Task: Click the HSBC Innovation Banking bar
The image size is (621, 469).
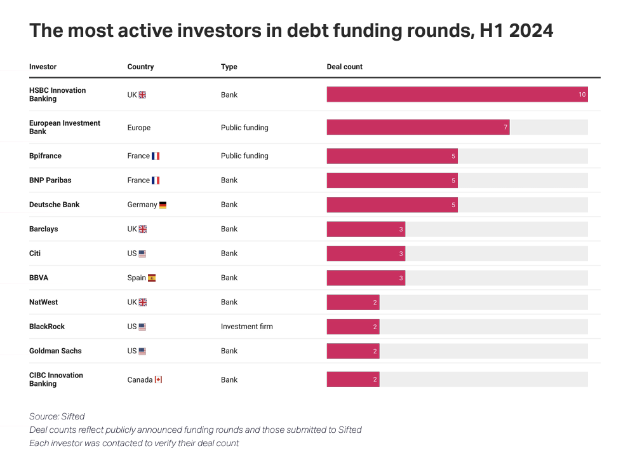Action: (x=457, y=95)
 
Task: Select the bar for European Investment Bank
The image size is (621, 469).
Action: (x=418, y=127)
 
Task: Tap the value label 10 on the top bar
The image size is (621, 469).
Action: (x=582, y=95)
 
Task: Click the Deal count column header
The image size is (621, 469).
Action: (x=344, y=67)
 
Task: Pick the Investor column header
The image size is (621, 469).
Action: (x=43, y=67)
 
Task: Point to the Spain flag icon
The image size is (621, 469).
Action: (x=152, y=278)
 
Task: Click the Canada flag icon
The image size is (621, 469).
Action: (x=158, y=379)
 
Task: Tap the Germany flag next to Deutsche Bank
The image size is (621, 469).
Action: (x=163, y=205)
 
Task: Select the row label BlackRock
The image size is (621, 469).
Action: (x=47, y=327)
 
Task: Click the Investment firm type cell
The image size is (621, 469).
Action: (x=246, y=327)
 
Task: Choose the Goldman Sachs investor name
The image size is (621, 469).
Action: (x=55, y=351)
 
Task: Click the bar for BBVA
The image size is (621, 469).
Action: (x=366, y=278)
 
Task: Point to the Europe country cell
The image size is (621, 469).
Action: (x=139, y=128)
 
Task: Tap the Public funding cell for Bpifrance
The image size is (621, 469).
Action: (x=244, y=156)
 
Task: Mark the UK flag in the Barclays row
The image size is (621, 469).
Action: (x=143, y=229)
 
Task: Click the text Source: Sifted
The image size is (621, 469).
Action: (x=57, y=416)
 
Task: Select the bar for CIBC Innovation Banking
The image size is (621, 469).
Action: (x=353, y=379)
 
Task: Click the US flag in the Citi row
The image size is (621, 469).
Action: (x=142, y=254)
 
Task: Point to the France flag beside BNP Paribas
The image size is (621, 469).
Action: (x=156, y=180)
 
